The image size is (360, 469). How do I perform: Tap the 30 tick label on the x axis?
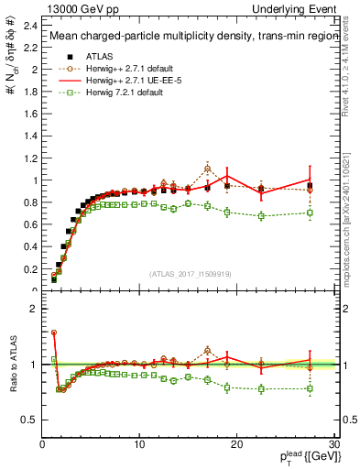pos(333,444)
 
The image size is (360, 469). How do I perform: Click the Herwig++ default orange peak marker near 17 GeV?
pos(208,169)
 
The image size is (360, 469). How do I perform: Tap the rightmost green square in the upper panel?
pos(310,213)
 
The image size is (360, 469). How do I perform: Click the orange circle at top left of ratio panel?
pos(54,333)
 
